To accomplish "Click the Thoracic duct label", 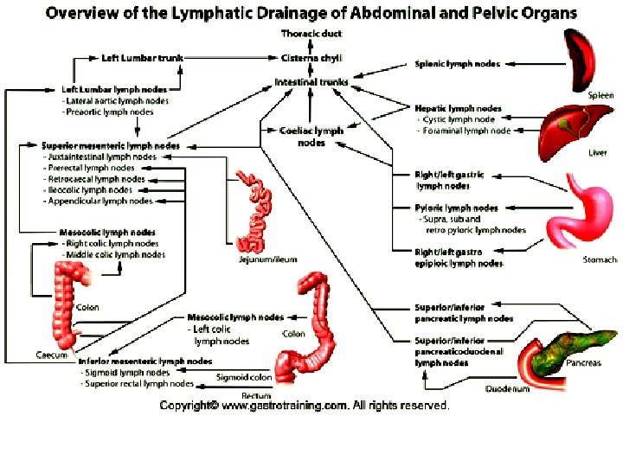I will (311, 33).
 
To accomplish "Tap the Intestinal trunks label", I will (311, 82).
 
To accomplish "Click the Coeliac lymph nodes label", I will (311, 136).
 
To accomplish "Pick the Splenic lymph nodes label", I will (455, 64).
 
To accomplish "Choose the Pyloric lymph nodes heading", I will (456, 208).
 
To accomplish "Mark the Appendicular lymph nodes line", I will (100, 201).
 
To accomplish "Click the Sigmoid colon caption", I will (244, 377).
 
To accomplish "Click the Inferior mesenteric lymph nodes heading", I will (145, 361).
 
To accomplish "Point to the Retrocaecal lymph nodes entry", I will (94, 179).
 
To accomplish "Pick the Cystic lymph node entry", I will (459, 119).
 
